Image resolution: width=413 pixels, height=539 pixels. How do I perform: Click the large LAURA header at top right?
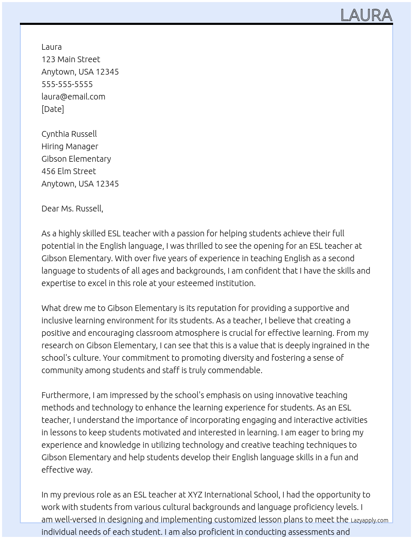366,15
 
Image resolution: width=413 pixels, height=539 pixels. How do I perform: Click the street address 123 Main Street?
70,59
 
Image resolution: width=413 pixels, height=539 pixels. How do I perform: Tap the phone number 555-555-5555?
67,84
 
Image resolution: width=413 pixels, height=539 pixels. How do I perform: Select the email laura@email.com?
73,97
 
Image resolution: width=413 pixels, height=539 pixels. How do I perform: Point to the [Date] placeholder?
53,109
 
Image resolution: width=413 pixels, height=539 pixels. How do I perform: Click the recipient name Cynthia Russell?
69,134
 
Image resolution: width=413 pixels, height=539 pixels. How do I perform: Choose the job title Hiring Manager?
70,146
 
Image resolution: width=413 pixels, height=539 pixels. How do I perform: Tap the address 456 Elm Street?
68,171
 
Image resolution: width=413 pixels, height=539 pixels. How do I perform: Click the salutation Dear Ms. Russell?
72,209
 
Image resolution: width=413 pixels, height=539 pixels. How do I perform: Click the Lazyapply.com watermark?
369,520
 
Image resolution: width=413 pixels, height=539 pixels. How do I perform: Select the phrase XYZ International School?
233,495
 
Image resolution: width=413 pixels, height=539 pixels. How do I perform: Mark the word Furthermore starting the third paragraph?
66,395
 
